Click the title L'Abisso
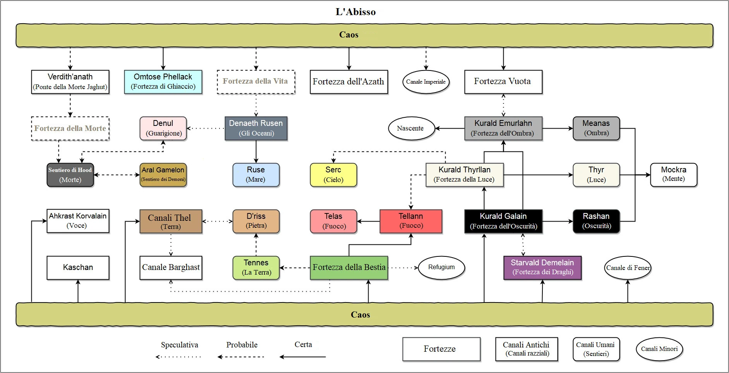coord(355,12)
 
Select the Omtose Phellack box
coord(163,82)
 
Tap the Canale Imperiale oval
coord(426,82)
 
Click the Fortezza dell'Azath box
coord(348,82)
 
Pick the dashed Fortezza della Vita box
coord(256,82)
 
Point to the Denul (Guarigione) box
coord(163,128)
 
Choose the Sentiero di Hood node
coord(70,175)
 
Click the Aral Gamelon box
coord(163,175)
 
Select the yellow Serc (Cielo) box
coord(333,175)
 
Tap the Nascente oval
coord(410,128)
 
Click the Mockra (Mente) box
coord(674,175)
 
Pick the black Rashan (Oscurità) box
coord(596,221)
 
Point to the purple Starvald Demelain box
coord(542,268)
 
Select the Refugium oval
coord(441,267)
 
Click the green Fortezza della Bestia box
coord(349,268)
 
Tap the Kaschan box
coord(78,268)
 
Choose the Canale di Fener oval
coord(628,268)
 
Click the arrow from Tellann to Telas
coord(368,222)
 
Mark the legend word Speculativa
coord(179,345)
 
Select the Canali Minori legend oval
coord(659,349)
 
